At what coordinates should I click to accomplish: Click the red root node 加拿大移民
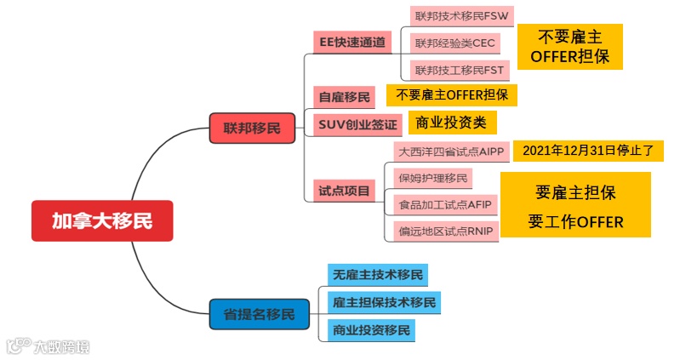[102, 221]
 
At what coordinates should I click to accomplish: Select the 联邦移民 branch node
[252, 129]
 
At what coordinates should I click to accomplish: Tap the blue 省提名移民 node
[259, 314]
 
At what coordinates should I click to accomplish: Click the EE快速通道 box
[351, 42]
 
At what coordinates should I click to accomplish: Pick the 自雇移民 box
[343, 97]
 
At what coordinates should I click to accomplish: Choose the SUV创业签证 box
[357, 124]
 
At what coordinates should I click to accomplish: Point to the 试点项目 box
[344, 191]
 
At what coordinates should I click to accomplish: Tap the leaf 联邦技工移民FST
[459, 69]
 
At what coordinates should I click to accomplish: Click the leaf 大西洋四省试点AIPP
[451, 151]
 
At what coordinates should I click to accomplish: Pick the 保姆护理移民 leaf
[433, 178]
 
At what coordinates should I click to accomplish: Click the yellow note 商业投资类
[451, 123]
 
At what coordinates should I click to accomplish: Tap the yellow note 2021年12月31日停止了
[587, 151]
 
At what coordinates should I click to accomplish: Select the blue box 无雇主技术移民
[377, 275]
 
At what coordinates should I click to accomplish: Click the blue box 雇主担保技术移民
[384, 302]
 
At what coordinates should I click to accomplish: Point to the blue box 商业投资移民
[372, 329]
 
